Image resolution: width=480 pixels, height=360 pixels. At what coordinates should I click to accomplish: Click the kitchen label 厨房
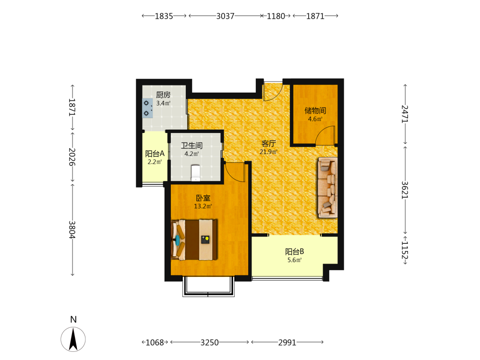[163, 95]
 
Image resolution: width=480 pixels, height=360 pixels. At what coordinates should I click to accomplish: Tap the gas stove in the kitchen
[147, 108]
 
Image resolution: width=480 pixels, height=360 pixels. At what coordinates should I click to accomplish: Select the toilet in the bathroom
[195, 173]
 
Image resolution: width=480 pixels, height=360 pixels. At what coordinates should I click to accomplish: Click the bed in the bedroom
[194, 240]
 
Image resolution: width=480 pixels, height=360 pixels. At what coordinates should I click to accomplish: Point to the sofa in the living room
[327, 187]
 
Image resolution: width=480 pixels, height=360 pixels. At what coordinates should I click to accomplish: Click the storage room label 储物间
[315, 110]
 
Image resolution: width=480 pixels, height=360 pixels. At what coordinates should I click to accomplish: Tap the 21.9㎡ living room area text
[268, 152]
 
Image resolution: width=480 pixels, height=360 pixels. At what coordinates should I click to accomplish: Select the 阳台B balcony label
[295, 252]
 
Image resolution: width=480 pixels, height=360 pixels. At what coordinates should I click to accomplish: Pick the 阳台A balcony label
[155, 154]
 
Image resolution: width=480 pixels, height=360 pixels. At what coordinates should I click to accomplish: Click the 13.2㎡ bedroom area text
[203, 206]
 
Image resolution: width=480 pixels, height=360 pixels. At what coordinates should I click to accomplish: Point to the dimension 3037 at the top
[225, 16]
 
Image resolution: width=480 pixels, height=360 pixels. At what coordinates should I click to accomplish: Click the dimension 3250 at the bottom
[210, 342]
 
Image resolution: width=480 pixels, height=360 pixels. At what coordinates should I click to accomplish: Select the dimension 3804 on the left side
[72, 229]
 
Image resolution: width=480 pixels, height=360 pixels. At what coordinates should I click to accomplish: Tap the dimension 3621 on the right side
[405, 190]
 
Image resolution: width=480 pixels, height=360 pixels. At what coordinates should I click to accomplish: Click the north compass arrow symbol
[73, 339]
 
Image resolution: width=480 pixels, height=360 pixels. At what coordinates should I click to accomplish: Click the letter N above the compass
[73, 320]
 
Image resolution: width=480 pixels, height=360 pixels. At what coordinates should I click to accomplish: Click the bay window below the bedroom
[208, 287]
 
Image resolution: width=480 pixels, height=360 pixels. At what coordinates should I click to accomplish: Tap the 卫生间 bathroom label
[192, 145]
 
